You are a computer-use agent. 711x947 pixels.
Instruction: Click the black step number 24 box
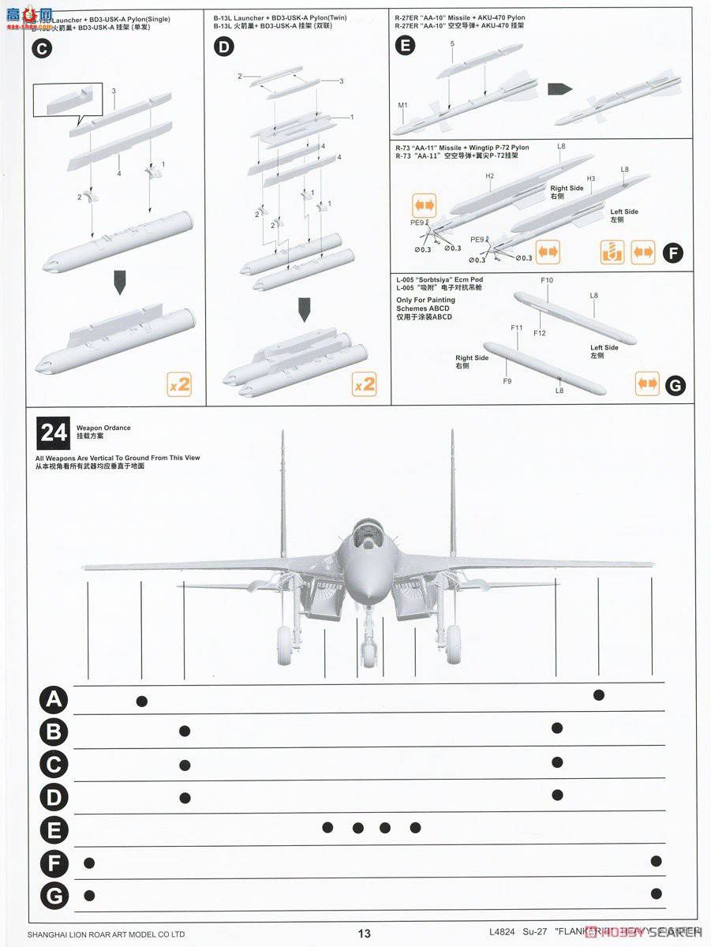(54, 432)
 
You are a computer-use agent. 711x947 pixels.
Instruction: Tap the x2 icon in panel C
(179, 384)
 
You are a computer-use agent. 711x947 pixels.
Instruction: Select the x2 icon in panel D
(364, 384)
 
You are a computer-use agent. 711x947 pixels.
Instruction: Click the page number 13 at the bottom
(364, 934)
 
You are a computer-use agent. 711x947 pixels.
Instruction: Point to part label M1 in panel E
(402, 104)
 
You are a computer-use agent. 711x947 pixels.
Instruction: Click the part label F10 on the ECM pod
(547, 280)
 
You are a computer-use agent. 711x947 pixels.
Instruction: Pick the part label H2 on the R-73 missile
(489, 176)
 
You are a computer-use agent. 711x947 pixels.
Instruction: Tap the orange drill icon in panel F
(612, 253)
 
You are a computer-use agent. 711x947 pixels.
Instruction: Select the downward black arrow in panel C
(120, 283)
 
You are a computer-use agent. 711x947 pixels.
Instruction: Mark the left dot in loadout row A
(142, 701)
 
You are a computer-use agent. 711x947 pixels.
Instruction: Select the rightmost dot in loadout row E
(415, 827)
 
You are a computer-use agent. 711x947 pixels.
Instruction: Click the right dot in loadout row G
(656, 893)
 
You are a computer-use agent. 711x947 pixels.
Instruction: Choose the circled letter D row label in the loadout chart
(54, 797)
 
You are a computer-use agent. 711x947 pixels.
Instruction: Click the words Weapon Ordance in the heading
(103, 428)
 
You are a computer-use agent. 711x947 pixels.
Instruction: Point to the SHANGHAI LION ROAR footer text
(106, 934)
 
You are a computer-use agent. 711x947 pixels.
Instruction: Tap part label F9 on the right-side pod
(507, 381)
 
